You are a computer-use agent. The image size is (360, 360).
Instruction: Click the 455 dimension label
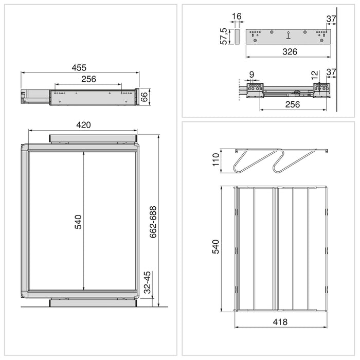coord(79,67)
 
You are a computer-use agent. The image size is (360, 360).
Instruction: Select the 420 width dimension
coord(83,125)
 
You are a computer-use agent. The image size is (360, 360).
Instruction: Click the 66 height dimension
coord(145,97)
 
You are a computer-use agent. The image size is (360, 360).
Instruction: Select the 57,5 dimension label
coord(224,37)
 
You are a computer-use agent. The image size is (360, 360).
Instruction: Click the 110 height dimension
coord(216,161)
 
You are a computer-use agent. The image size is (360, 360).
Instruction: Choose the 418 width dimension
coord(280,322)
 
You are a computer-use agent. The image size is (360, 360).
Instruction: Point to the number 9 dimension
coord(251,75)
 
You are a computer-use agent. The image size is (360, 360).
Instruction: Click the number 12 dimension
coord(315,75)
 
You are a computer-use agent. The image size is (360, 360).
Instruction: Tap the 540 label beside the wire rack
coord(216,246)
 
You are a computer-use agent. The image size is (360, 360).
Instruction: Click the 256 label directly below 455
coord(88,79)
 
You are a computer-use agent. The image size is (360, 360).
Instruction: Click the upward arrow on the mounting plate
coord(288,35)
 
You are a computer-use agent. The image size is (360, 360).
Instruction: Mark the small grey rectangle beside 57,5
coord(237,37)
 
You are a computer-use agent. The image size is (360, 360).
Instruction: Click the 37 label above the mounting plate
coord(331,19)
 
